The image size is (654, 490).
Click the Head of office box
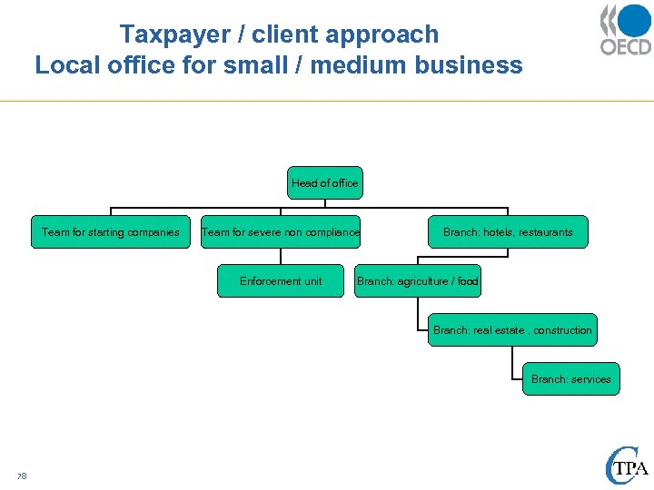(x=325, y=183)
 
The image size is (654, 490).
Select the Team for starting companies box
(x=111, y=232)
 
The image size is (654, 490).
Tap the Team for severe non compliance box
(x=281, y=232)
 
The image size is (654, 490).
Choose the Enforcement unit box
(x=281, y=281)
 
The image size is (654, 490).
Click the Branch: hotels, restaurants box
(x=508, y=232)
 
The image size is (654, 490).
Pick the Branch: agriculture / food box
(x=418, y=281)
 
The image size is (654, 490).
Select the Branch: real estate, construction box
(x=512, y=330)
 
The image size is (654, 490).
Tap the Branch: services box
(x=570, y=379)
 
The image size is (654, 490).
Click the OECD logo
(x=625, y=30)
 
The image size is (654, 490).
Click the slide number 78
(x=22, y=475)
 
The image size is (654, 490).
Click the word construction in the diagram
(x=562, y=330)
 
